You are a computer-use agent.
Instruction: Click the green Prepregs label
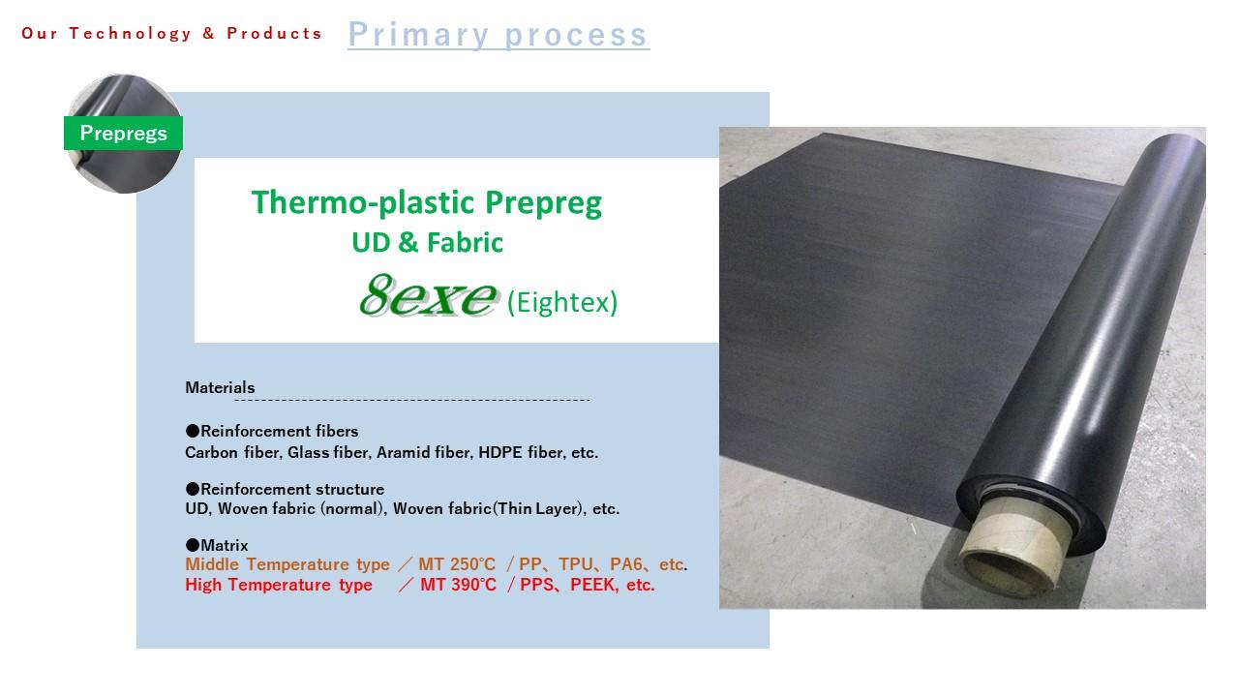(123, 133)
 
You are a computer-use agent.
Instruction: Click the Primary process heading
(499, 35)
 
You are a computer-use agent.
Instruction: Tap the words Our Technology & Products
(171, 34)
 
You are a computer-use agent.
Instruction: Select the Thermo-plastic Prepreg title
(427, 203)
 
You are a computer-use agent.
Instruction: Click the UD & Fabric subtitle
(428, 242)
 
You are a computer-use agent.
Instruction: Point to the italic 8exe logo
(429, 295)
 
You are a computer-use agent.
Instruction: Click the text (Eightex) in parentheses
(562, 302)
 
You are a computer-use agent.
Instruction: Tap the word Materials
(220, 387)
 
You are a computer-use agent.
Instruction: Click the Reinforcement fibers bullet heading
(272, 431)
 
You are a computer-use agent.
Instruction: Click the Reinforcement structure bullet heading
(285, 489)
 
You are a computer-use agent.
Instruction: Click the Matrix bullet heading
(217, 545)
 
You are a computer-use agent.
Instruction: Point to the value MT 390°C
(458, 585)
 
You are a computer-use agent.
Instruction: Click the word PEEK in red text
(593, 585)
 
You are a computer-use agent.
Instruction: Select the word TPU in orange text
(575, 564)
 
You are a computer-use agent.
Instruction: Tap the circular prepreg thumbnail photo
(123, 134)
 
